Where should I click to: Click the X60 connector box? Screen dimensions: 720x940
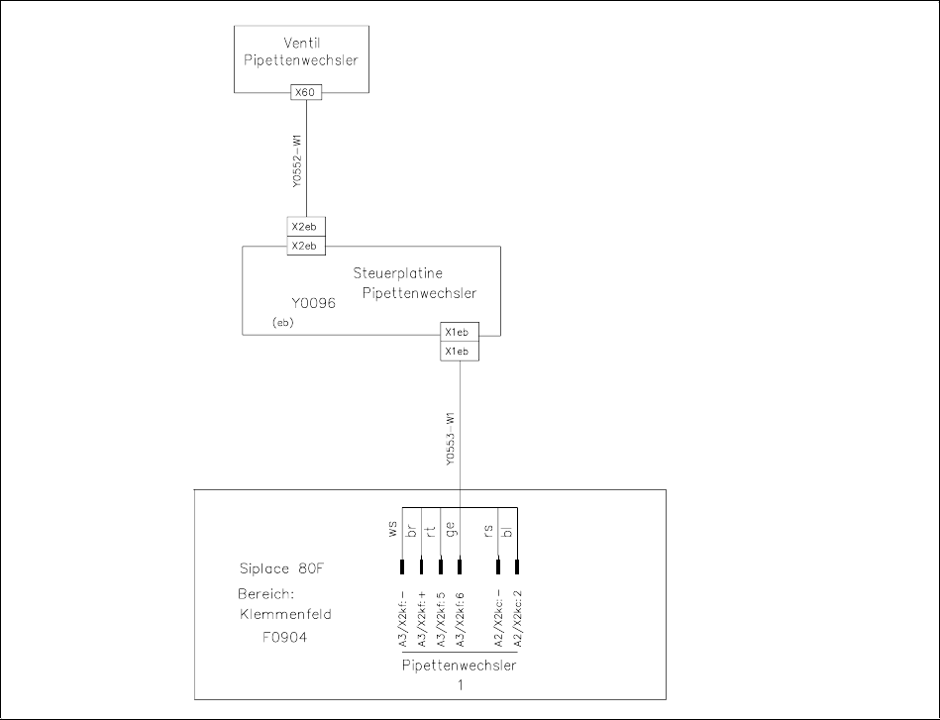pyautogui.click(x=306, y=92)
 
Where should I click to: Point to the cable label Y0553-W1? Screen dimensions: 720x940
pyautogui.click(x=450, y=440)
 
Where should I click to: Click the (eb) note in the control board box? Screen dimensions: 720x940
pyautogui.click(x=282, y=323)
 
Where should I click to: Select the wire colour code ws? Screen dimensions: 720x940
pyautogui.click(x=393, y=530)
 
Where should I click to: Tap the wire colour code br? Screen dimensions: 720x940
pyautogui.click(x=412, y=530)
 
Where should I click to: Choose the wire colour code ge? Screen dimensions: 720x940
pyautogui.click(x=451, y=530)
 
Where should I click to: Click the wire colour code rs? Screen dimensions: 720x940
pyautogui.click(x=489, y=530)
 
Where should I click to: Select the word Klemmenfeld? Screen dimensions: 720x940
pyautogui.click(x=285, y=614)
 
